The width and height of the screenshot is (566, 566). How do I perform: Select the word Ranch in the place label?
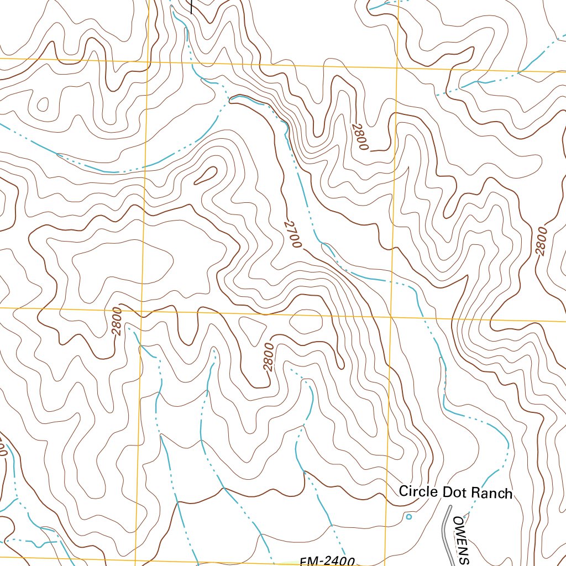click(x=491, y=492)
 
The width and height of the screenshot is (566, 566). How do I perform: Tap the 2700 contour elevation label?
click(x=292, y=234)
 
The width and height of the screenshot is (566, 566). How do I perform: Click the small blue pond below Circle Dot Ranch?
click(x=408, y=517)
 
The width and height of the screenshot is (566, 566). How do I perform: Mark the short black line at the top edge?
click(x=191, y=6)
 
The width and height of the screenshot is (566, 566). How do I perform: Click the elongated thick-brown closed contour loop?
click(x=206, y=176)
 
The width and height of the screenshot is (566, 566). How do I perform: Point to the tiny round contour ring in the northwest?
click(x=42, y=103)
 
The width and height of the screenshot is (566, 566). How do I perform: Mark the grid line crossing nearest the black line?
click(x=148, y=60)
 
